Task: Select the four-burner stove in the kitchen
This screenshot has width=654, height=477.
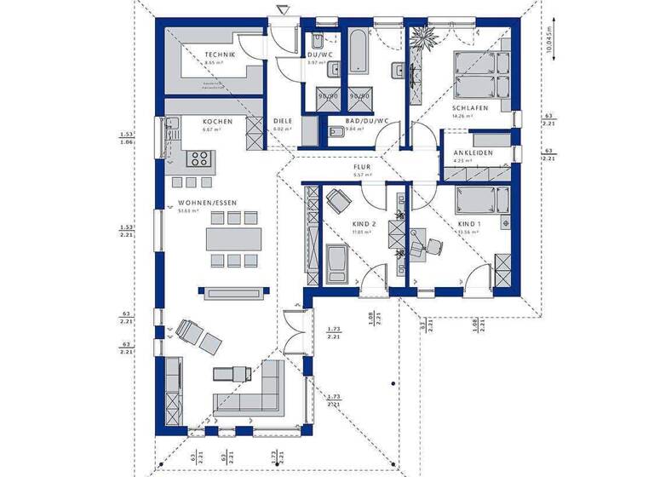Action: click(x=199, y=158)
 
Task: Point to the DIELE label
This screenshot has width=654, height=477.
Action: click(x=283, y=122)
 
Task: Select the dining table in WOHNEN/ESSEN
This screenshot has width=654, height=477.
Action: click(x=232, y=238)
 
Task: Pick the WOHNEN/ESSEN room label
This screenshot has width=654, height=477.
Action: click(x=207, y=203)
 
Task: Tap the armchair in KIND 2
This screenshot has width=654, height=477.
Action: click(x=337, y=201)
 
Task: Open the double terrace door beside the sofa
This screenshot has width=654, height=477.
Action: click(x=294, y=328)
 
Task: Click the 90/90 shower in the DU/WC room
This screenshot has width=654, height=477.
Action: click(x=324, y=97)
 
